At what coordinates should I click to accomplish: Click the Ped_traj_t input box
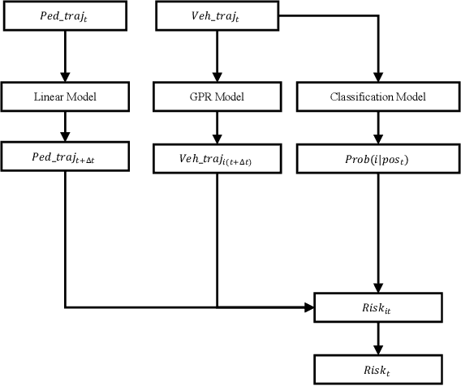point(64,16)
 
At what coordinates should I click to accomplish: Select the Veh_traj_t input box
point(217,16)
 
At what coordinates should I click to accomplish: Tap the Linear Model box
point(64,96)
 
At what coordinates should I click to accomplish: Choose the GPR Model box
point(217,96)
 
